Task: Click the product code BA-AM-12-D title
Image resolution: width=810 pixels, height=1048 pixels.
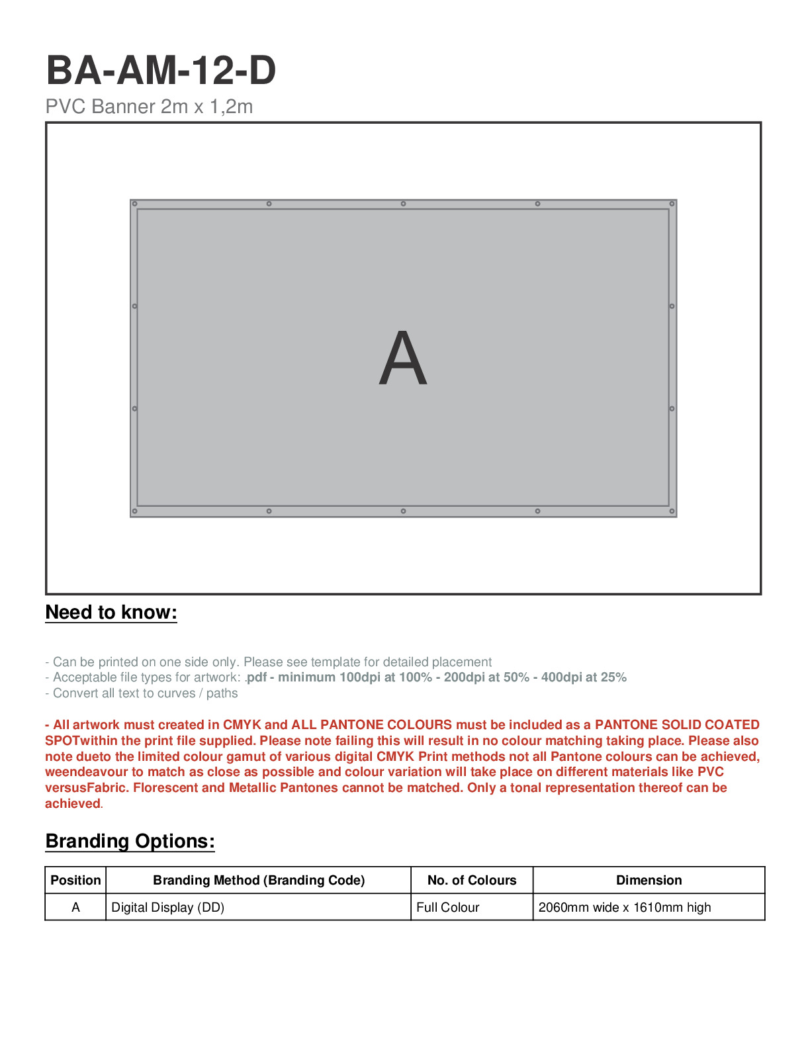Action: point(161,71)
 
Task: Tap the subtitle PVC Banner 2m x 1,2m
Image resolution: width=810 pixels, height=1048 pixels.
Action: point(149,107)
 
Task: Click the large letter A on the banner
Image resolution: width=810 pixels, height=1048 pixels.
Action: point(403,359)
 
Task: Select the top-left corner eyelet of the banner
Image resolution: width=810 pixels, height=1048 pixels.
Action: point(134,204)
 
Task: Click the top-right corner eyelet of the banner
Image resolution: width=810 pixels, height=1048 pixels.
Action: point(672,204)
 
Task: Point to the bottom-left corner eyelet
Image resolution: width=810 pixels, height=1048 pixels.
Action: point(134,511)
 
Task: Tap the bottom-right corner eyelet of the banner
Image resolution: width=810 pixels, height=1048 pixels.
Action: point(672,511)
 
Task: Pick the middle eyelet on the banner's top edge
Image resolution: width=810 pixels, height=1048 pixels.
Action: point(403,204)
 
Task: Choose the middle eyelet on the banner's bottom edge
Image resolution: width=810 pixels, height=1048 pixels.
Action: point(403,511)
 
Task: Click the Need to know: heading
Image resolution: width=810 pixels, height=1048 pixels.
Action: point(111,613)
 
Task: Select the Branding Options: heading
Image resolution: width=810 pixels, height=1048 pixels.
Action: point(130,842)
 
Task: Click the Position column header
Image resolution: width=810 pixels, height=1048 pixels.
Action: point(75,881)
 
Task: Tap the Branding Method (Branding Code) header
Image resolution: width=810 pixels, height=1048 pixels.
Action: point(259,881)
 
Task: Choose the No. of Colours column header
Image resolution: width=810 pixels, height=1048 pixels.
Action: point(472,881)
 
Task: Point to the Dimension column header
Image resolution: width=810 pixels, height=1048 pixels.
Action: point(649,881)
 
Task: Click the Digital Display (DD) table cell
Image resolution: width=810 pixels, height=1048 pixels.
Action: point(168,908)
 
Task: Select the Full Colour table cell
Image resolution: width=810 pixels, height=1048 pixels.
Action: point(448,908)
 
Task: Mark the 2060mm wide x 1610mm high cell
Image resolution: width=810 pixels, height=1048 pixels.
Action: point(625,908)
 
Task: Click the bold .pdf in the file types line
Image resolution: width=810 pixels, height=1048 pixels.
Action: point(256,677)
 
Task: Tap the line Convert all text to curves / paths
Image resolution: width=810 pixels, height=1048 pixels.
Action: point(142,693)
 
